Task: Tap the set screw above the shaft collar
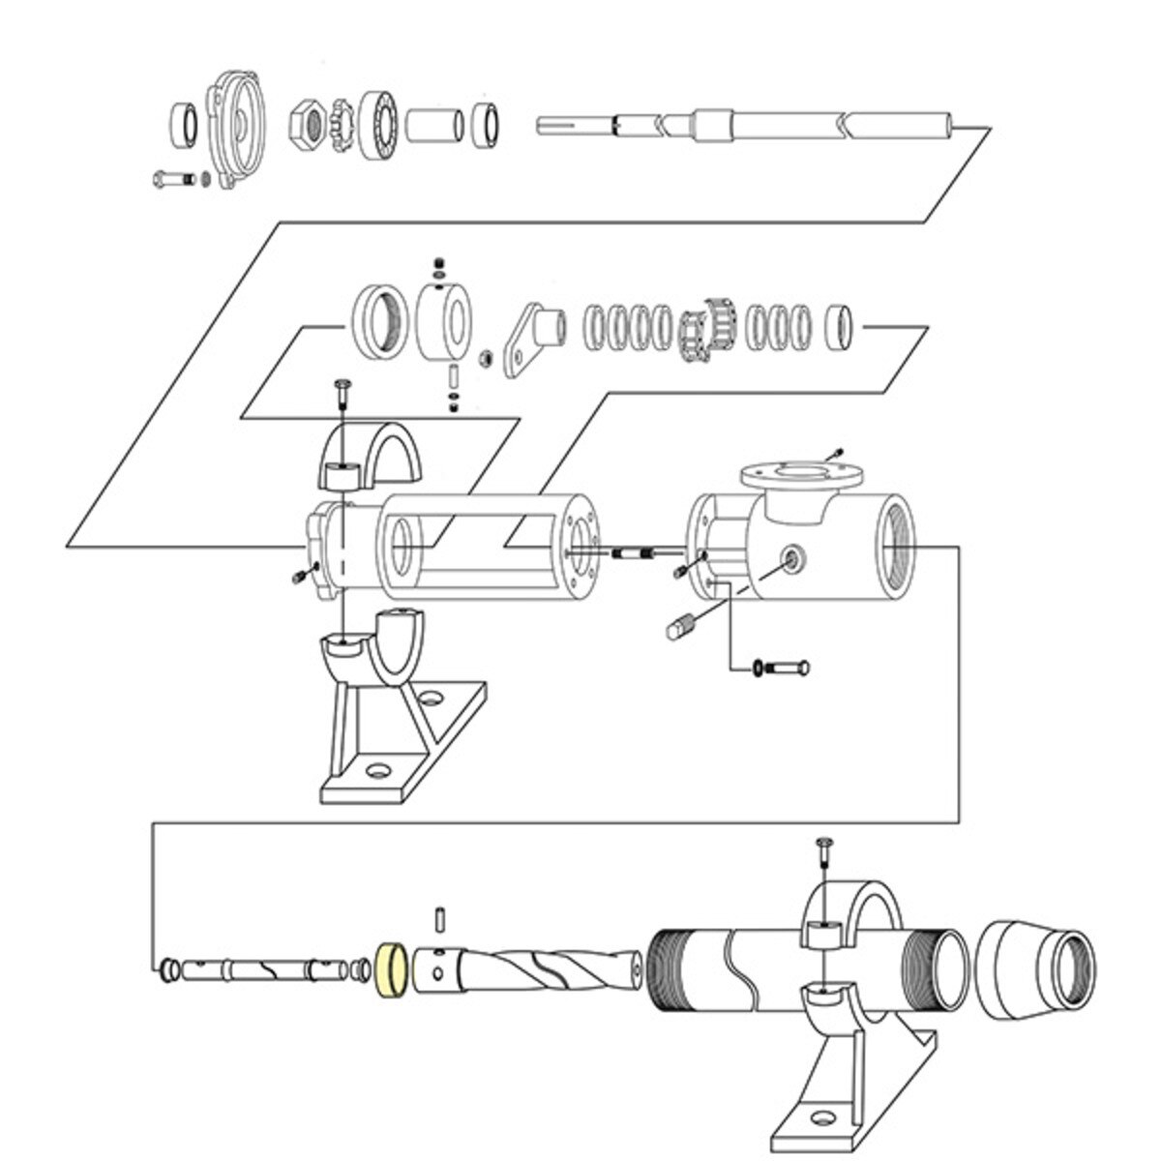(x=441, y=264)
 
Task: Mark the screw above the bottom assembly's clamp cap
(x=824, y=850)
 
